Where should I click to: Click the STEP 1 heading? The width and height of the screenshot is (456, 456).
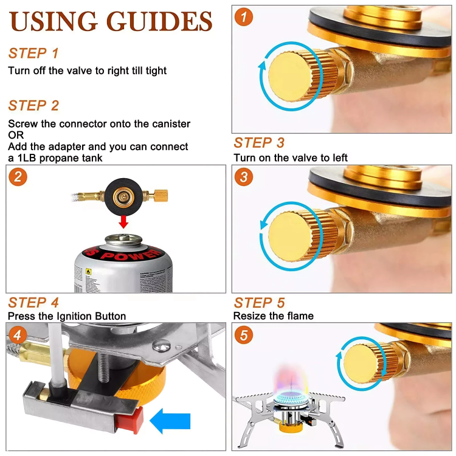pos(34,53)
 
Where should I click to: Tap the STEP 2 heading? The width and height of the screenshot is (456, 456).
pos(34,106)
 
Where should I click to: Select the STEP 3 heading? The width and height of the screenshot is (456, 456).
pos(259,143)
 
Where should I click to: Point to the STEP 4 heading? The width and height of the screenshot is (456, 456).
pos(34,302)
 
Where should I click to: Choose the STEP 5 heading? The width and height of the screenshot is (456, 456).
pos(259,302)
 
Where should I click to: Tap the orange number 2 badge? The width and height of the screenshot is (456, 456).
pos(18,177)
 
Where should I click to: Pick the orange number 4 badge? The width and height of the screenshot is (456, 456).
pos(18,335)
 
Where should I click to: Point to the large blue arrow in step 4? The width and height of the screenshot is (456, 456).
pos(170,421)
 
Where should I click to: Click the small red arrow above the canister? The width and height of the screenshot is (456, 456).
pos(123,221)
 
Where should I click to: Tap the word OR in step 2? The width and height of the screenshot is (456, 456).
pos(16,135)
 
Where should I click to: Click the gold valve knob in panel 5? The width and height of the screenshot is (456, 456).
pos(362,365)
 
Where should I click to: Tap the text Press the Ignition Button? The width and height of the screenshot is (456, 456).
pos(67,316)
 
